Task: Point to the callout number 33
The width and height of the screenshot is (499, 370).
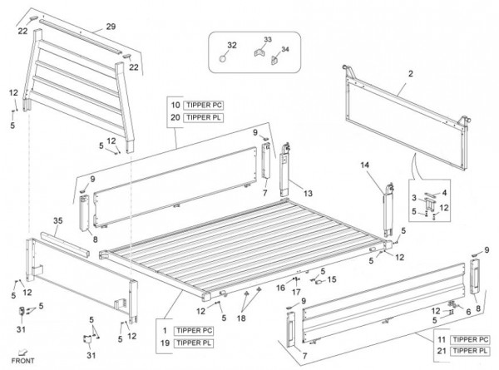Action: (267, 38)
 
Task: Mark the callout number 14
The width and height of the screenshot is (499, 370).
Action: (364, 166)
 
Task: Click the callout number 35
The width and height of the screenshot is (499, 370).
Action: (57, 220)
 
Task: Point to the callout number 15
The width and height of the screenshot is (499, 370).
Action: (332, 279)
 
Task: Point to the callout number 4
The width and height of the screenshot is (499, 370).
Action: (445, 193)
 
